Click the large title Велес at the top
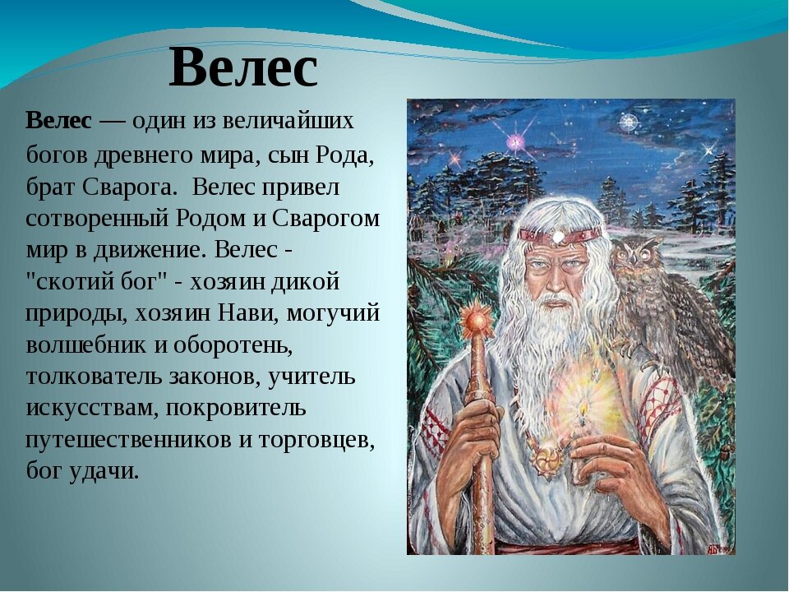pos(243,69)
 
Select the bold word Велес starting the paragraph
pos(58,122)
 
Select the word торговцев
pos(316,439)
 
